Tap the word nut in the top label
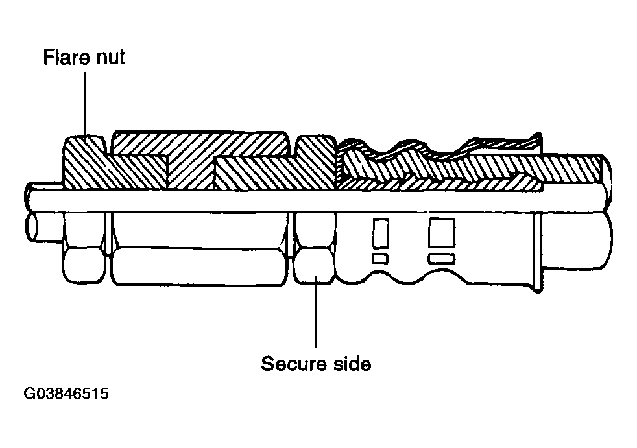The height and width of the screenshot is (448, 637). coord(110,57)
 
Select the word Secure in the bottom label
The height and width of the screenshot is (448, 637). coord(293,364)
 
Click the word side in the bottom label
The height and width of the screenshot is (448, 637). coord(352,364)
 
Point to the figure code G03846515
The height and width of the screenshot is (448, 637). coord(66,394)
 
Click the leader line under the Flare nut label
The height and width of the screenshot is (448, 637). coord(86,104)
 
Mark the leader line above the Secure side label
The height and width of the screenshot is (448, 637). coord(316,312)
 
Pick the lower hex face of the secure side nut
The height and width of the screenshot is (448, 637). coord(315,266)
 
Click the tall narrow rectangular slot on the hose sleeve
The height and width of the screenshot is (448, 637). coord(381,233)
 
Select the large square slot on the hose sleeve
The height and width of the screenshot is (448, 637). coord(442,233)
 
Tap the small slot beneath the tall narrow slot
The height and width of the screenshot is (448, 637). coord(380,258)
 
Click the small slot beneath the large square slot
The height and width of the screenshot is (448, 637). coord(442,258)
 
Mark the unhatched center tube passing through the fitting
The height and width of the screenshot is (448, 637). coord(317,200)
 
